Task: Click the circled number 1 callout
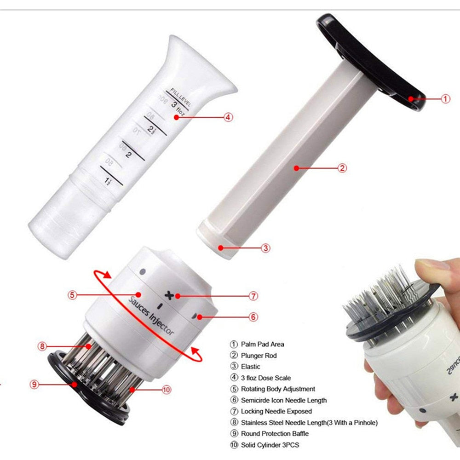tap(445, 98)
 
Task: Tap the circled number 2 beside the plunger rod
tap(342, 168)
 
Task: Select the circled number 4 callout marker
tap(228, 117)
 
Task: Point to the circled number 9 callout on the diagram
tap(34, 384)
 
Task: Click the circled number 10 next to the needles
tap(167, 390)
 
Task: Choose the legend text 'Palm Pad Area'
tap(262, 344)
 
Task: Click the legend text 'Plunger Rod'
tap(259, 356)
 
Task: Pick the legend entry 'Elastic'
tap(250, 367)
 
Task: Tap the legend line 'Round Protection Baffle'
tap(275, 433)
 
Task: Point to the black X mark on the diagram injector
tap(171, 295)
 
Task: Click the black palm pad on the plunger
tap(373, 55)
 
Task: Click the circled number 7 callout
tap(253, 296)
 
